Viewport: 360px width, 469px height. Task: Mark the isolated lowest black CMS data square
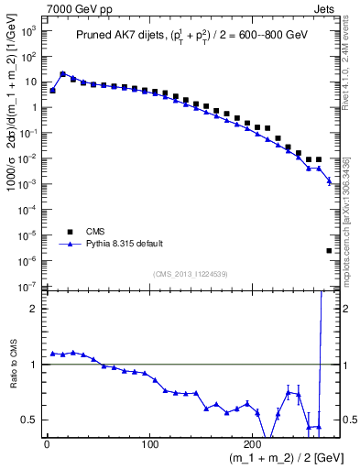(x=329, y=250)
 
